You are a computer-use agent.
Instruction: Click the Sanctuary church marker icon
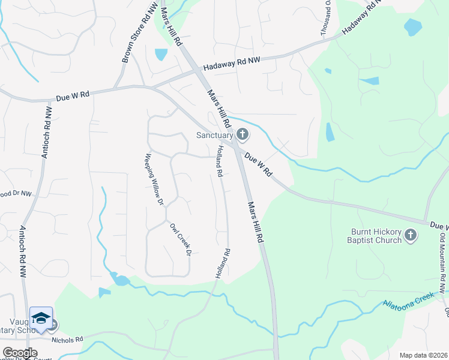(243, 134)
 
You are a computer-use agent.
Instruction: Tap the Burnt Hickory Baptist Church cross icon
(411, 235)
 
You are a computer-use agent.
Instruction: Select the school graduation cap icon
(41, 318)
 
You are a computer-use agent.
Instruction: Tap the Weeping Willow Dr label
(154, 179)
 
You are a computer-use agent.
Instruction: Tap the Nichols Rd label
(67, 340)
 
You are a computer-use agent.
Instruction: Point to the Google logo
(20, 353)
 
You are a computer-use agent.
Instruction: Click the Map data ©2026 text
(422, 355)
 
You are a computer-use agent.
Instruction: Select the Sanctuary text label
(214, 135)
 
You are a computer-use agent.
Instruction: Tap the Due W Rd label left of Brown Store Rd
(72, 96)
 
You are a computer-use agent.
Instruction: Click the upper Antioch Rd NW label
(46, 132)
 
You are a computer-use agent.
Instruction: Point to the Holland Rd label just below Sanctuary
(220, 161)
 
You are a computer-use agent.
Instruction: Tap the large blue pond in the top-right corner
(413, 27)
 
